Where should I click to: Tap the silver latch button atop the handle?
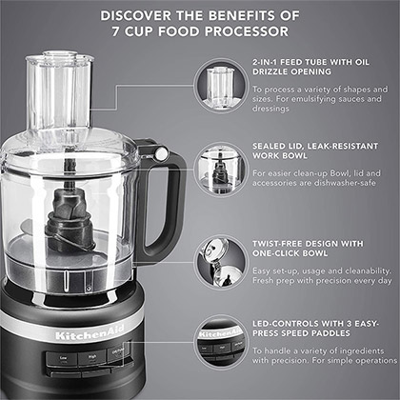pos(161,153)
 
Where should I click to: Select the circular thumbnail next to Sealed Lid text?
pos(220,170)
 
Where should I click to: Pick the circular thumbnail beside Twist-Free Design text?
pos(220,260)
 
